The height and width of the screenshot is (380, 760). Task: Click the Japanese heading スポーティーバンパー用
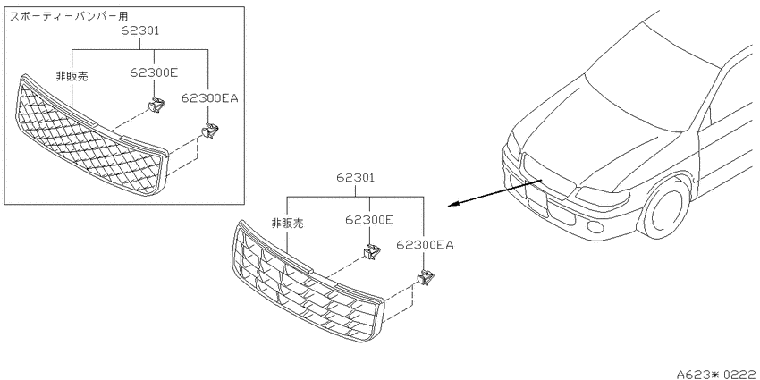(x=70, y=17)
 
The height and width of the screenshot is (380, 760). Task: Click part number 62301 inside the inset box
(x=140, y=31)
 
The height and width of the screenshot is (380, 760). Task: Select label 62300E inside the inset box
(x=154, y=72)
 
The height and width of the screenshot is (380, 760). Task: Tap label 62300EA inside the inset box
(x=210, y=98)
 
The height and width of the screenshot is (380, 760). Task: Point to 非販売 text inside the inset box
(x=72, y=76)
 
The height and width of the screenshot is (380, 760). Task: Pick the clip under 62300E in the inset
(x=156, y=105)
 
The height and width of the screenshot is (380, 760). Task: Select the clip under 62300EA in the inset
(x=210, y=131)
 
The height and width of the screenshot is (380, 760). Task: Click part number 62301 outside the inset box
(x=356, y=178)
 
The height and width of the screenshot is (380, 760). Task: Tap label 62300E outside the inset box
(x=369, y=220)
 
